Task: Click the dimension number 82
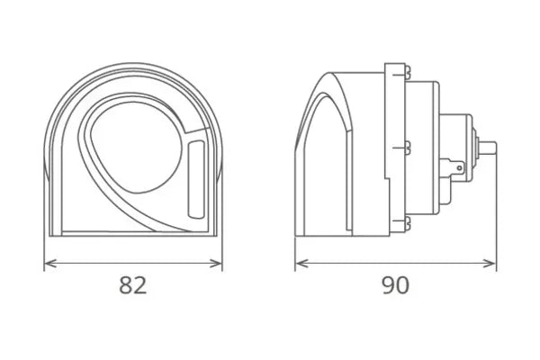132,286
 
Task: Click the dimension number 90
394,286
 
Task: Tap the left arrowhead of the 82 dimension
49,263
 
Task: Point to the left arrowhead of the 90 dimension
301,263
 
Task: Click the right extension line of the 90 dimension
496,216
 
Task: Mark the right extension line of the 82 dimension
222,247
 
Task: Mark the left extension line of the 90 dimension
295,247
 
